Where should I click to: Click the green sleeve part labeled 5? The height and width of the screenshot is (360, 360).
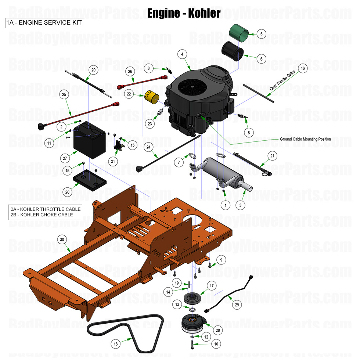(x=240, y=33)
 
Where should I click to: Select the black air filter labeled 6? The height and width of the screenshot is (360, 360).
(x=233, y=51)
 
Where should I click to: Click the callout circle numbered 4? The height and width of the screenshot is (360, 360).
(x=182, y=54)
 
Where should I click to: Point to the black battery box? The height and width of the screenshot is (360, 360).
(x=89, y=141)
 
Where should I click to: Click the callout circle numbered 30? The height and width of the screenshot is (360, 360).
(x=62, y=239)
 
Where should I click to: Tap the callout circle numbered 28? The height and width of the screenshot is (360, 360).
(x=218, y=330)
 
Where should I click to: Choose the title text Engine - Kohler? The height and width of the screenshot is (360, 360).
(x=184, y=13)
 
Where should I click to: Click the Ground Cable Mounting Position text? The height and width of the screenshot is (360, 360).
(x=305, y=139)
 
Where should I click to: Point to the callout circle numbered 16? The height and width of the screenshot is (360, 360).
(x=303, y=68)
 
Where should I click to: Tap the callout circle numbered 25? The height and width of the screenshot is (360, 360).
(x=64, y=95)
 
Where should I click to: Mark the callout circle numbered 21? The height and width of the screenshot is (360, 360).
(x=272, y=156)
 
